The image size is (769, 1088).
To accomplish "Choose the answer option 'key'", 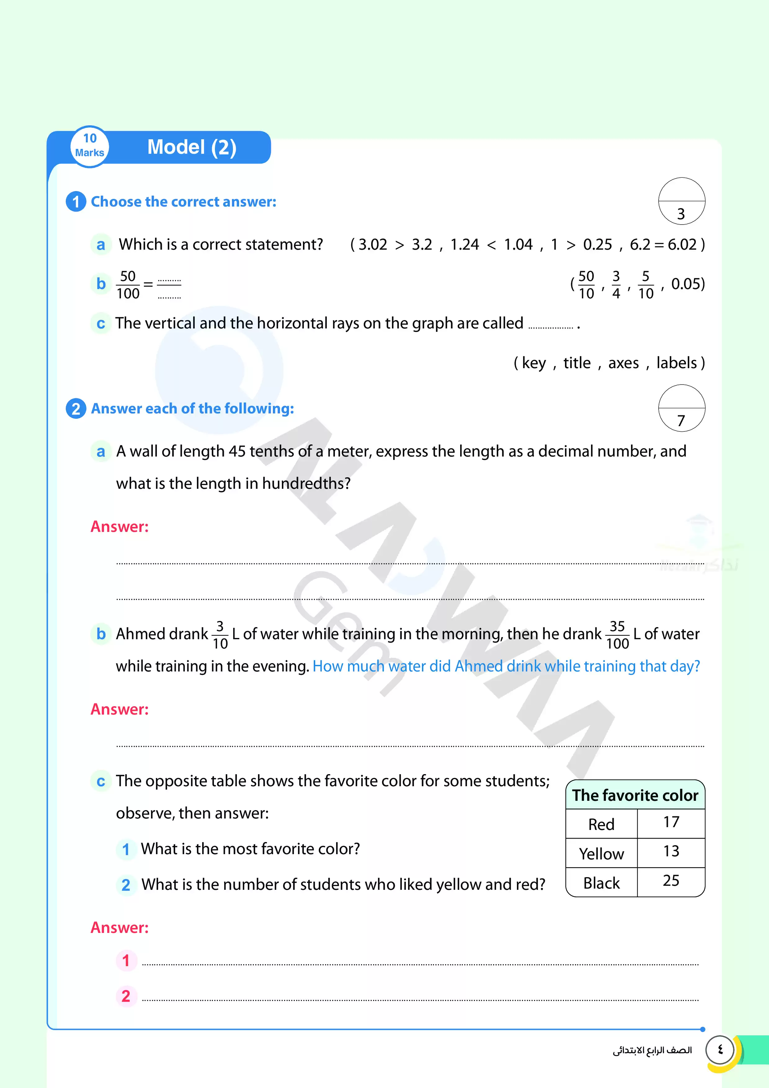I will (x=534, y=363).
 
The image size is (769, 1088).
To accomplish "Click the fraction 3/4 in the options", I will (x=616, y=284).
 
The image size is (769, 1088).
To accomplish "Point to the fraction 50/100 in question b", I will (x=128, y=284).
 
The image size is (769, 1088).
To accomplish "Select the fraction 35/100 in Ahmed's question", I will (x=617, y=635).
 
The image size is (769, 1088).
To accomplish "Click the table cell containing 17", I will (x=671, y=823).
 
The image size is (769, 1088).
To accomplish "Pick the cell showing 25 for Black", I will (x=671, y=881).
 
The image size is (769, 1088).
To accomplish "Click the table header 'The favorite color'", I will (x=635, y=795).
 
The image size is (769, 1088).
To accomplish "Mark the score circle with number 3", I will (x=681, y=201).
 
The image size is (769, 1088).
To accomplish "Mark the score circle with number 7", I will (x=681, y=408).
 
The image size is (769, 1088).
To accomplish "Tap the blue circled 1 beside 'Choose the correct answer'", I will (x=76, y=202).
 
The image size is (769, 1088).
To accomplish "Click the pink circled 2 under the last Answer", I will (x=126, y=996).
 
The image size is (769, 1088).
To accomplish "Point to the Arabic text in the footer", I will (x=652, y=1050).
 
